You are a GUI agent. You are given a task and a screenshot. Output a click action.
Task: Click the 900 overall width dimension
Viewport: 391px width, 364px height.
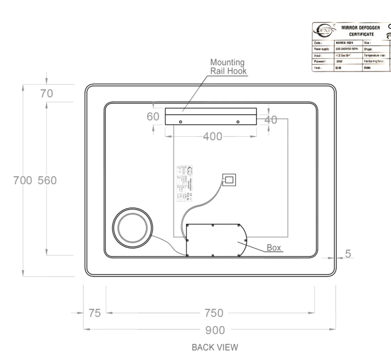tap(215, 330)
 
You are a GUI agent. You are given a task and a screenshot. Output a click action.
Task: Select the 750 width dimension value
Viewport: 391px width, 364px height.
tap(214, 313)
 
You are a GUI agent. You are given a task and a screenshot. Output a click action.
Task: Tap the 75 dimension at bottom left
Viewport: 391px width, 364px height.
tap(94, 313)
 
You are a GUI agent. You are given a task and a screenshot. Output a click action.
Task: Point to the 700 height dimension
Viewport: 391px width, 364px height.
tap(23, 180)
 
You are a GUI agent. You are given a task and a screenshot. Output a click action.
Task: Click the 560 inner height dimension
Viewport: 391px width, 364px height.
tap(47, 180)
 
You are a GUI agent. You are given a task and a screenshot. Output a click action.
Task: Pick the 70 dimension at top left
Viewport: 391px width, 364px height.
tap(46, 94)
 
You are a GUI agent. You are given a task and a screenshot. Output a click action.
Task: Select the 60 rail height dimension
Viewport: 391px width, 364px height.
tap(153, 116)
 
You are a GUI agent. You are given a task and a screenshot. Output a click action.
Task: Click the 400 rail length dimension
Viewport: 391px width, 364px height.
tap(212, 136)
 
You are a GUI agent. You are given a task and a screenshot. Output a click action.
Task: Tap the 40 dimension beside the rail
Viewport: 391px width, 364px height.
tap(271, 120)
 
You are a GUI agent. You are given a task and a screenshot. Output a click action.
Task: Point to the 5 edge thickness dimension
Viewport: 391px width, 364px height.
tap(348, 254)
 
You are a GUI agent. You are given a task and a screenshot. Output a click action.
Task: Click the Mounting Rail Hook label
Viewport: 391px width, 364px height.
tap(228, 67)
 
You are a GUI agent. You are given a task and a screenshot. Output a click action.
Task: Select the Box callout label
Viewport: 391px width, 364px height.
tap(274, 247)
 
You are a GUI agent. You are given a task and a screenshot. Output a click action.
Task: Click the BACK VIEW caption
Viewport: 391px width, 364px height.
tap(215, 347)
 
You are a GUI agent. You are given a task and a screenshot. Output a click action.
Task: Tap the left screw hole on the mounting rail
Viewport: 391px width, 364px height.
tap(180, 122)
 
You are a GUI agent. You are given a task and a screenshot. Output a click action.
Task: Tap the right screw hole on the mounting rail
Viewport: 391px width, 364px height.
tap(238, 122)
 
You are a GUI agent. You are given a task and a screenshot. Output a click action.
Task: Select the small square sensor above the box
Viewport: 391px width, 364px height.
tap(229, 180)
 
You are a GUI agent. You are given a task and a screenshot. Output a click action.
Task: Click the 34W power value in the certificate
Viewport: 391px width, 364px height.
tap(339, 61)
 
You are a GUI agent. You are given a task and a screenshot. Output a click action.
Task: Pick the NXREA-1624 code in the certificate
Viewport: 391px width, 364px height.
tap(344, 43)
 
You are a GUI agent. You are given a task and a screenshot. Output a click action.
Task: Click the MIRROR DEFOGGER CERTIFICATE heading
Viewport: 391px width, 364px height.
tap(360, 31)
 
